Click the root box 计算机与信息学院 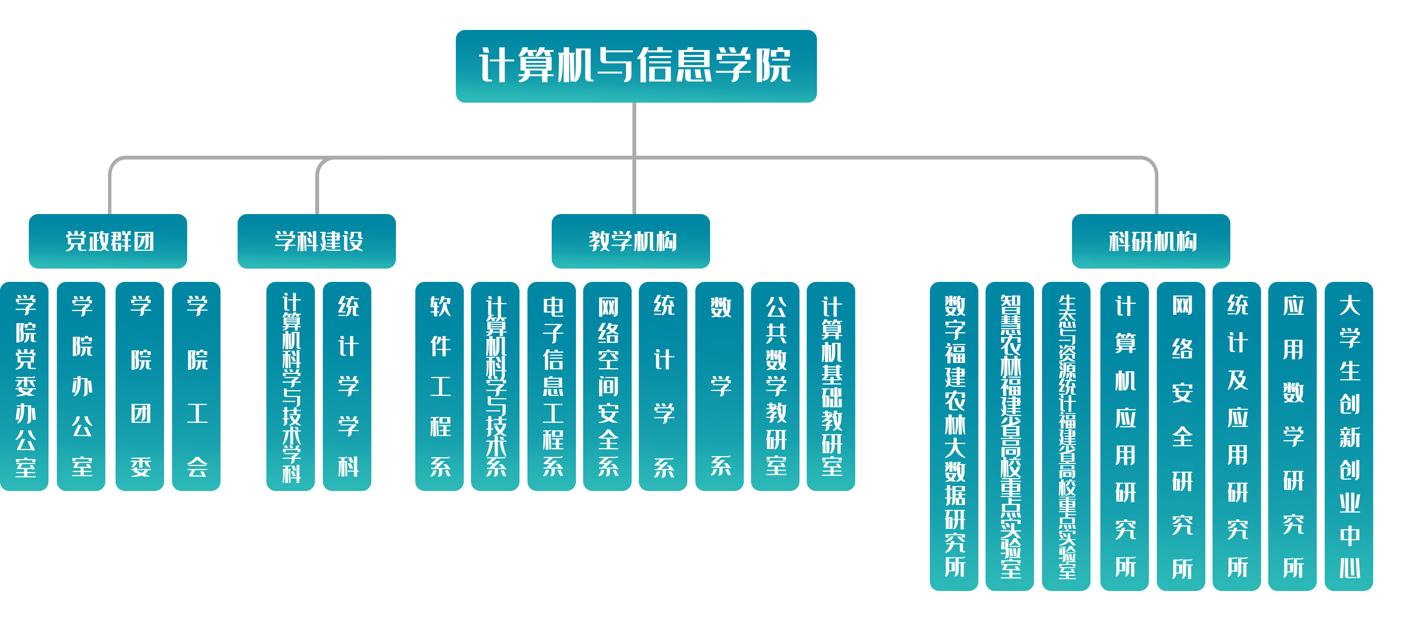(636, 66)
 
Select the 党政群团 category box (108, 241)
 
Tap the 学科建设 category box (317, 241)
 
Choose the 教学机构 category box (631, 241)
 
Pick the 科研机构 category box (1151, 241)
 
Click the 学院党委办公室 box (25, 386)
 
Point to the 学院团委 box (140, 386)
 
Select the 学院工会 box (197, 386)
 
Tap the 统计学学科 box (347, 386)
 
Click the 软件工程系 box (440, 386)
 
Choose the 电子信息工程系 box (552, 386)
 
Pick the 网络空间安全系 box (607, 386)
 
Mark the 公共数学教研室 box (776, 386)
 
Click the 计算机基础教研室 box (831, 386)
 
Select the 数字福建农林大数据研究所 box (954, 436)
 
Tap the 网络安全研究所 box (1181, 436)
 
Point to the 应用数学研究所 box (1292, 436)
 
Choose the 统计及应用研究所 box (1237, 436)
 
